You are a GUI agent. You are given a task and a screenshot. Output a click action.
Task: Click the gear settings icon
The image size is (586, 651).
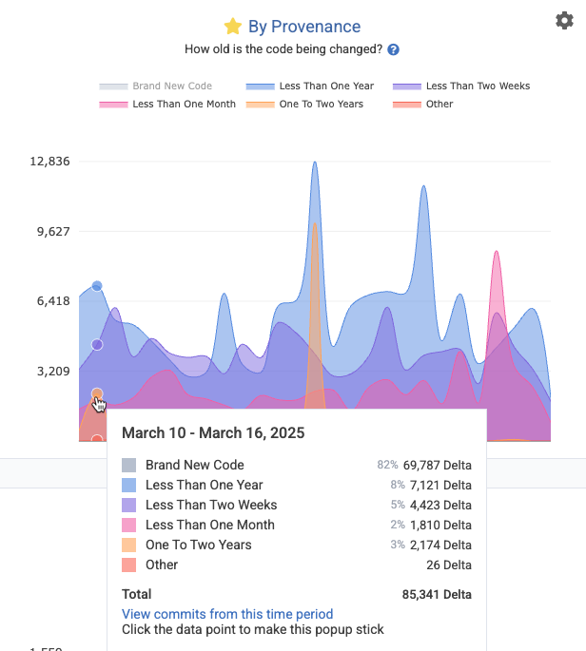[x=563, y=21]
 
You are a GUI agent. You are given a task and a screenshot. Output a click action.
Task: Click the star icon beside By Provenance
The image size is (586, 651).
[x=233, y=27]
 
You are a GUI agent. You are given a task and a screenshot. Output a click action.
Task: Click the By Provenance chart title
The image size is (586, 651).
[x=304, y=27]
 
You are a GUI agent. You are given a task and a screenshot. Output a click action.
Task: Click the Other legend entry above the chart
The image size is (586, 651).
[x=439, y=105]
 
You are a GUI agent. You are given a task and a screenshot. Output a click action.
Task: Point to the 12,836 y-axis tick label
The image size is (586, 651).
[x=50, y=161]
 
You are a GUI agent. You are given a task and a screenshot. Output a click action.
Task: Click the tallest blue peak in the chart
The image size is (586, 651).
[x=314, y=163]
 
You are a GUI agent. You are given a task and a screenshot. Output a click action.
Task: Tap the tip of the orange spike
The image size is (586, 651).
[x=314, y=224]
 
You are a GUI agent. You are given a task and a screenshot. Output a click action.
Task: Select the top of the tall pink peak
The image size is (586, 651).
[x=496, y=253]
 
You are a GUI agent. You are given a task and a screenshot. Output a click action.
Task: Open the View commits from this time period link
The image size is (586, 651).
[x=227, y=614]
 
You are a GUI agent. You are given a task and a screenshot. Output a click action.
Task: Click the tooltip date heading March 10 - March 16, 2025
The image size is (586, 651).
[x=213, y=433]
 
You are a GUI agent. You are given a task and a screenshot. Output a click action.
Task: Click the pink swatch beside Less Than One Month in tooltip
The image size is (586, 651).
[x=128, y=526]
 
